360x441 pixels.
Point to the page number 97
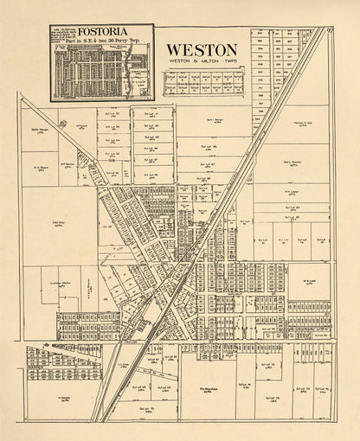point(331,31)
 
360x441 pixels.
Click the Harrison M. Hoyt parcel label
point(301,124)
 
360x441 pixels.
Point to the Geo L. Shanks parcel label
point(291,162)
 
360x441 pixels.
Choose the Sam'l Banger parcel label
point(215,120)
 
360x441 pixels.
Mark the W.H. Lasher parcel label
point(291,191)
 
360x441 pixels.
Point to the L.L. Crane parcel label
point(123,365)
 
